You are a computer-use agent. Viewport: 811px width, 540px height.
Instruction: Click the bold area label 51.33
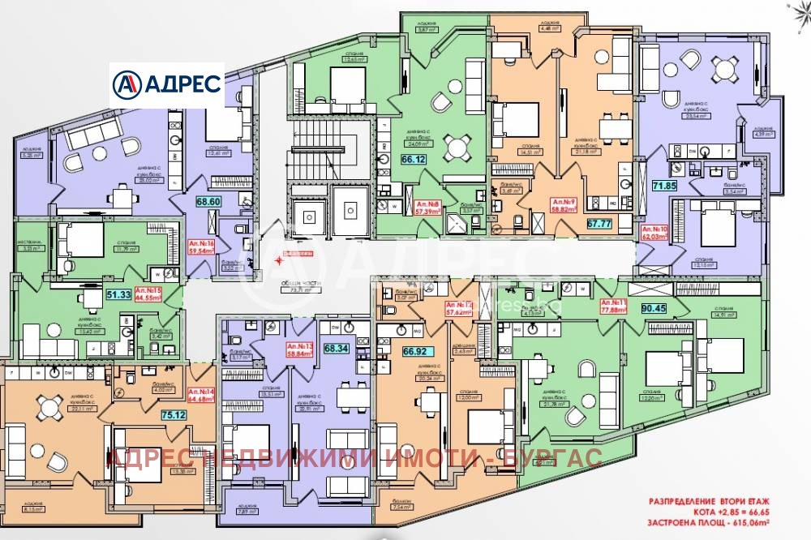point(118,294)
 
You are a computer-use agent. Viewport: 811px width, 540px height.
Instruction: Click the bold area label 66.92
point(404,352)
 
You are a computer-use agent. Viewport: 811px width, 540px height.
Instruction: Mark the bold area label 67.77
point(599,223)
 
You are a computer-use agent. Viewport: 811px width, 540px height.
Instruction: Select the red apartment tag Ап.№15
point(148,293)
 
